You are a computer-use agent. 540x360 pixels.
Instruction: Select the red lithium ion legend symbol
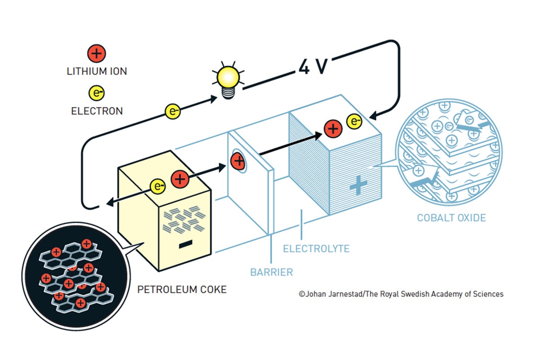click(96, 54)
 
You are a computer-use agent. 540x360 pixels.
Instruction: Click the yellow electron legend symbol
click(96, 93)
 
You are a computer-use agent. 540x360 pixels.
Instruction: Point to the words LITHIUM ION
click(96, 71)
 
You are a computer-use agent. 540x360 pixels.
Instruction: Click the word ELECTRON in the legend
click(96, 111)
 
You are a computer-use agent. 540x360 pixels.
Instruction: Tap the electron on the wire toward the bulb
click(172, 111)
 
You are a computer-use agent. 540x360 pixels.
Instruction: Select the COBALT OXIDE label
click(451, 218)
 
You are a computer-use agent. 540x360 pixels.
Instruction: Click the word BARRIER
click(271, 272)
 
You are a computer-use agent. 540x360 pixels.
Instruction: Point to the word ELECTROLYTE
click(316, 248)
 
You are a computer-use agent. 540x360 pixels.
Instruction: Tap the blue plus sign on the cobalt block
click(359, 185)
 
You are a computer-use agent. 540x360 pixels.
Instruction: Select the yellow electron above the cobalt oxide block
click(355, 120)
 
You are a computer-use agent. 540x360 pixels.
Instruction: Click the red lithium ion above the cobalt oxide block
click(333, 129)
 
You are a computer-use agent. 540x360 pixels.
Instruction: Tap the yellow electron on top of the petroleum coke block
click(158, 185)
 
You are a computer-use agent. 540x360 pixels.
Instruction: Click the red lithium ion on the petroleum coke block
click(179, 179)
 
